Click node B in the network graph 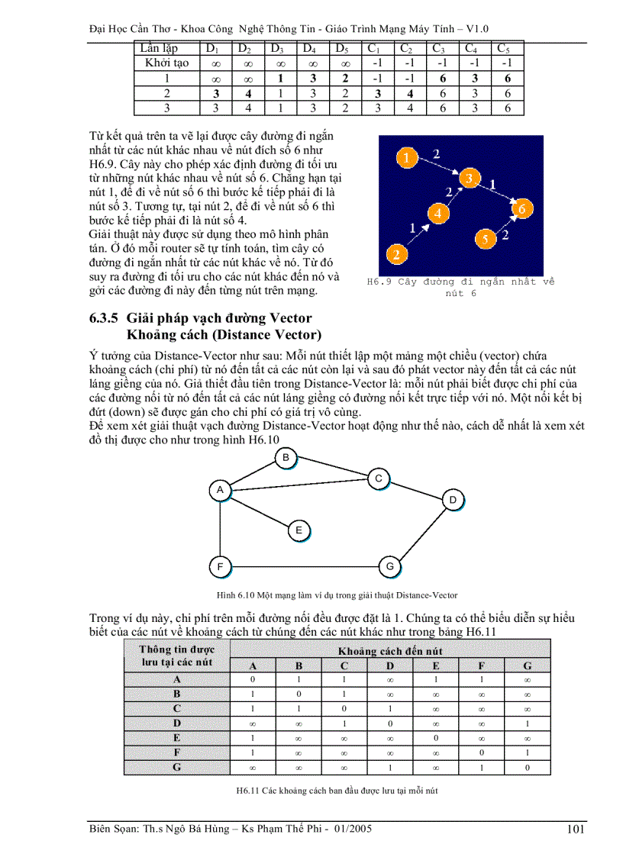[x=286, y=457]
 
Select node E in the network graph [x=299, y=530]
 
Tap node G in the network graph [x=389, y=566]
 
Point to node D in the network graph [x=453, y=500]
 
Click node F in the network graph [x=220, y=567]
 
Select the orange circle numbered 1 [x=408, y=159]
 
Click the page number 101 [x=577, y=830]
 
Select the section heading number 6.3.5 [x=104, y=318]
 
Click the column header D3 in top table [x=279, y=49]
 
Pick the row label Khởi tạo [x=166, y=63]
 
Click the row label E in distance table [x=177, y=737]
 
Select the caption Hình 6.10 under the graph [x=335, y=594]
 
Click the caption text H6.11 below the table [x=337, y=791]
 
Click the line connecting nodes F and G [x=304, y=566]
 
